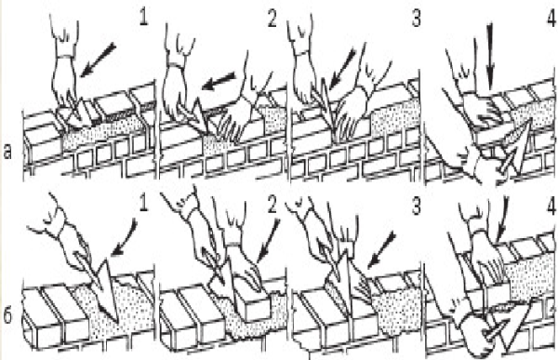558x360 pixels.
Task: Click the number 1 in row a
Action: [144, 18]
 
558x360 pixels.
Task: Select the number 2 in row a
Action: [272, 19]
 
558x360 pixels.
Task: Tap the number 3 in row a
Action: [417, 19]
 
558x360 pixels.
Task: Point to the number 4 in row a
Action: [551, 18]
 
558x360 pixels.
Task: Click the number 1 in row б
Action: [143, 204]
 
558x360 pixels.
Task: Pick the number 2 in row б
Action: [272, 205]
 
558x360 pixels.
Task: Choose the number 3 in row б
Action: [417, 206]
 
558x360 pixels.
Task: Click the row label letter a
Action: [7, 152]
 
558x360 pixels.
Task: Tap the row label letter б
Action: [7, 315]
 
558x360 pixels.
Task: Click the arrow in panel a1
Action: [98, 60]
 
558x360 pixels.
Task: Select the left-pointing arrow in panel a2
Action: [219, 82]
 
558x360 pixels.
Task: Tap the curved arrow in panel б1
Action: [126, 238]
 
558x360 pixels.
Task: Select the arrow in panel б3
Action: [381, 250]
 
